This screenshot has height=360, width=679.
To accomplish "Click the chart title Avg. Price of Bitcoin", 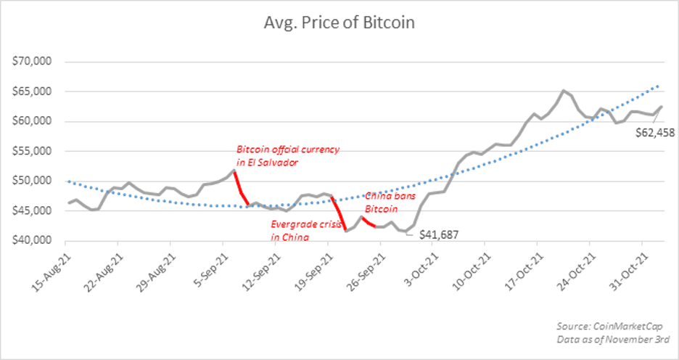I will point(339,22).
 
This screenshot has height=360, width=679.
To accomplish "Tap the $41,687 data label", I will point(439,234).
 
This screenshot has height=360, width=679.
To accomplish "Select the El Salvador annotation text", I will point(288,155).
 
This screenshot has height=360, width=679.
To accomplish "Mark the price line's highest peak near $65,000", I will point(563,91).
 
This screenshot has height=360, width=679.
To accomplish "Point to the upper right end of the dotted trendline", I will point(658,86).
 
